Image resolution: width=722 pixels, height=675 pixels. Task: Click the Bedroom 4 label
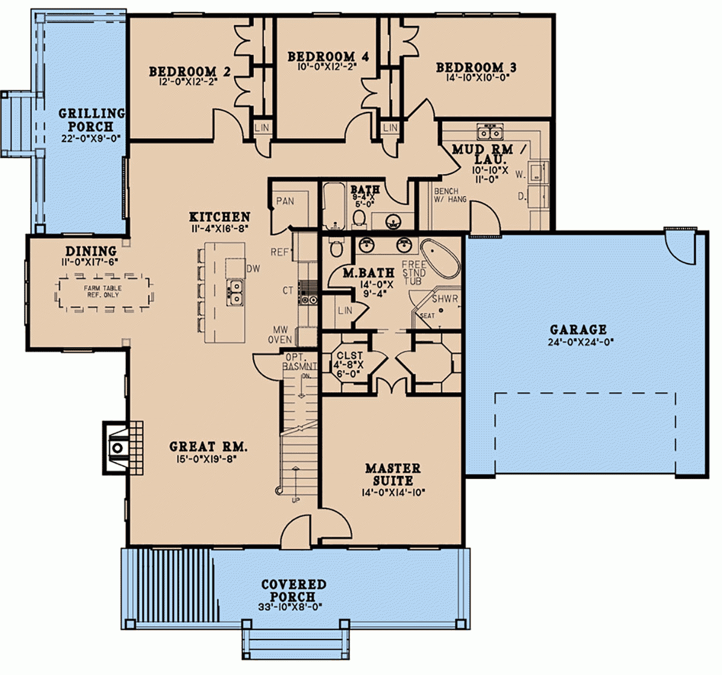328,57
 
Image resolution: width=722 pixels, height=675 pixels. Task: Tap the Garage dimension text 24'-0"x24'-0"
578,342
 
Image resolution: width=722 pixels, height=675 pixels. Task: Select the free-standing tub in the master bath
440,257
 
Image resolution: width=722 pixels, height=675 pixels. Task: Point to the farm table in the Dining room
103,292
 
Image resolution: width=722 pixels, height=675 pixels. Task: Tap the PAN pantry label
285,201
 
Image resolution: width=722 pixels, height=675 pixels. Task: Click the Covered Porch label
294,590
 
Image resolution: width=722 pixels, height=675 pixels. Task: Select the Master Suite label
393,474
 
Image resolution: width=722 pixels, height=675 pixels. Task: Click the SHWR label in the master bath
445,299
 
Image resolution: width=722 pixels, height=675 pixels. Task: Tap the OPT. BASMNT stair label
300,362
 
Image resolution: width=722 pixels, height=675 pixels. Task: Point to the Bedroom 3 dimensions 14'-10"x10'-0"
476,78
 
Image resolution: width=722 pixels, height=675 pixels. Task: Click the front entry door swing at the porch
297,530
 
